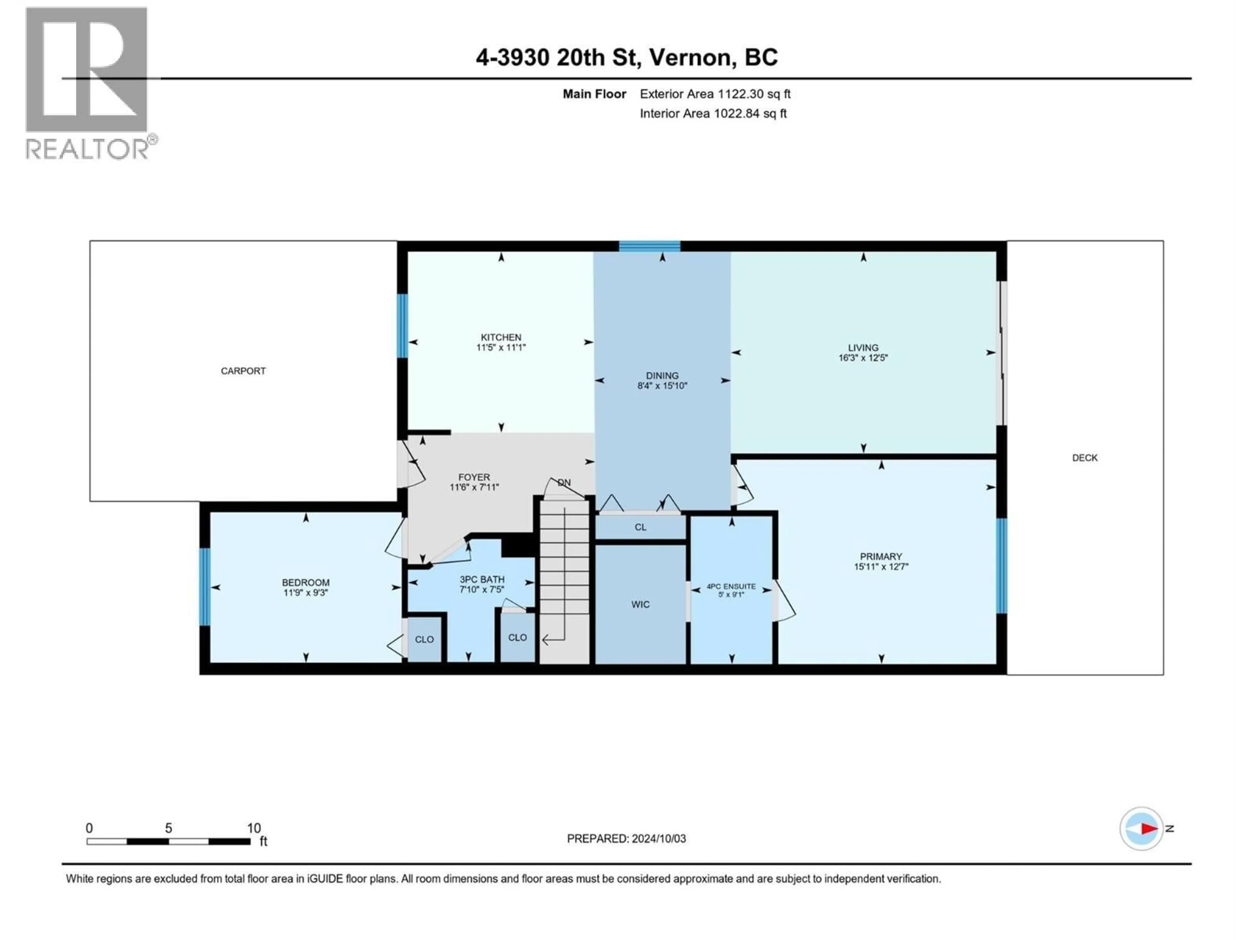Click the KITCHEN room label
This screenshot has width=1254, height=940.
tap(501, 337)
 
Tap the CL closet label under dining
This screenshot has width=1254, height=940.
tap(640, 527)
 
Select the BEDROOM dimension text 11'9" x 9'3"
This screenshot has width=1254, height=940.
tap(306, 593)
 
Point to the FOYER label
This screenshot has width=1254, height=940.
tap(474, 477)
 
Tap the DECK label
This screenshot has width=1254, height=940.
tap(1085, 458)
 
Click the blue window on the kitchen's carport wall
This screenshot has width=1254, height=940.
tap(402, 326)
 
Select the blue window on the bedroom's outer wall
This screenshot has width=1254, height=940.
tap(205, 587)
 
